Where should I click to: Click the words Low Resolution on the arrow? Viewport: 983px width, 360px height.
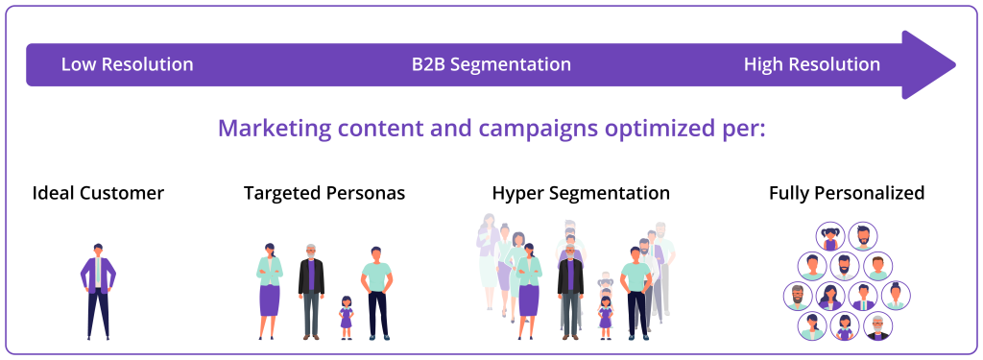point(127,65)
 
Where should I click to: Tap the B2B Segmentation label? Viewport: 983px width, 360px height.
point(491,65)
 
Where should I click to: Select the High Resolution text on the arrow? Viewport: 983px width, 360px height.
point(811,65)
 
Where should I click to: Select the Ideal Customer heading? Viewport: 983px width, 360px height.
point(98,193)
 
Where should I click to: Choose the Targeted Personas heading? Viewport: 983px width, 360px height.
point(324,193)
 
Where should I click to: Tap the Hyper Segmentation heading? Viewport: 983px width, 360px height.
point(581,193)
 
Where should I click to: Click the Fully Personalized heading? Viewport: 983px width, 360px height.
point(847,193)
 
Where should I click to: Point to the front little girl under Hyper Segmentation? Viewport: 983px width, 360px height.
point(605,317)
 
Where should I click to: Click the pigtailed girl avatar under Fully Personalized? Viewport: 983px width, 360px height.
point(829,236)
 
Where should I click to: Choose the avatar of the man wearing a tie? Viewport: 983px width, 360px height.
point(863,297)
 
